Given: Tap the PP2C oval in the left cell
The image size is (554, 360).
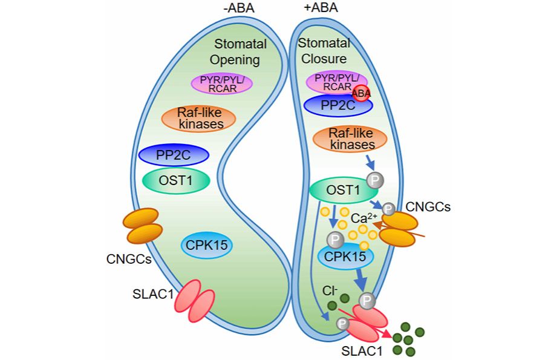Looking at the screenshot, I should point(174,155).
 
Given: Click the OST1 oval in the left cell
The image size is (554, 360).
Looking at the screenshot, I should point(176,180).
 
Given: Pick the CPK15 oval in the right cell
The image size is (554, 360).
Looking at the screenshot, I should point(346,257).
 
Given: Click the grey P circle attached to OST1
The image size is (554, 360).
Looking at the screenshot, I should point(374,181).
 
